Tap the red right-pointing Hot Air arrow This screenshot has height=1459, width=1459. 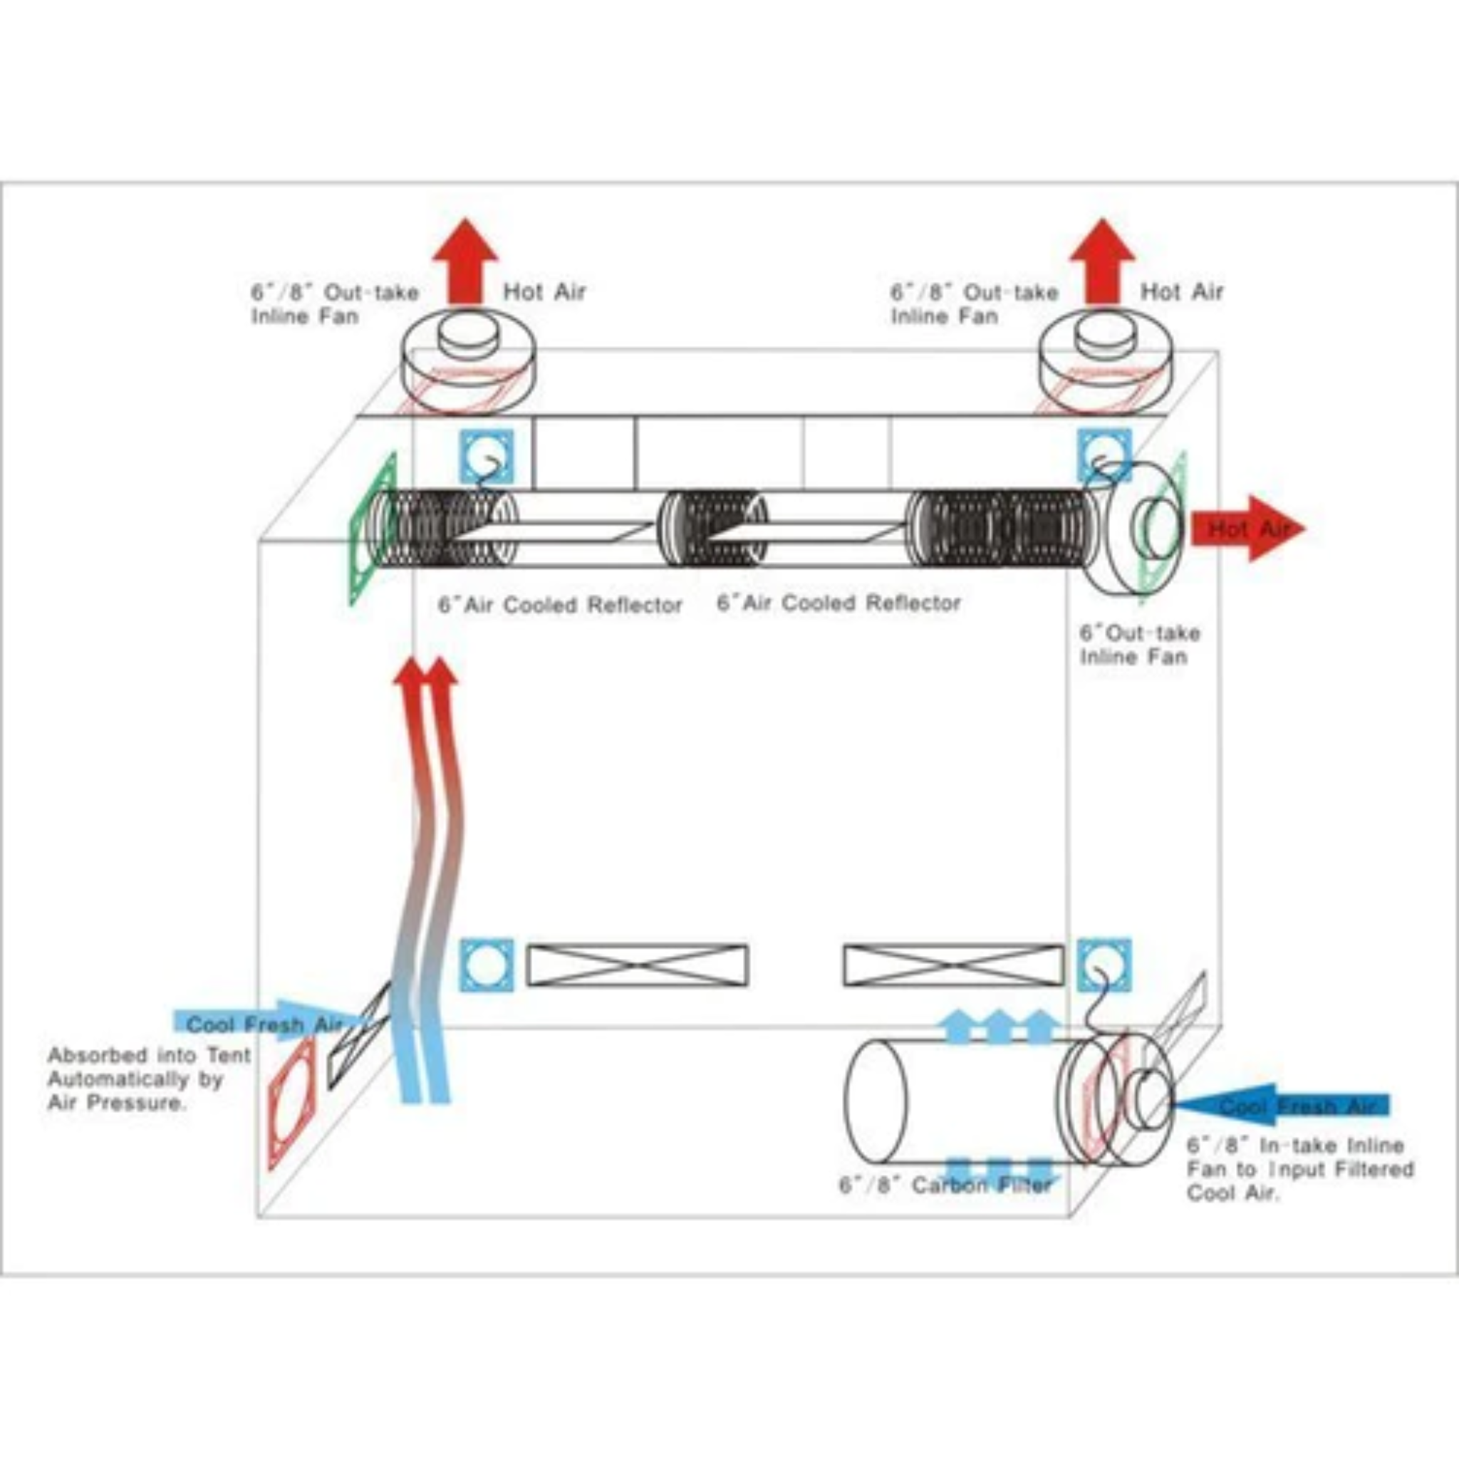pos(1247,529)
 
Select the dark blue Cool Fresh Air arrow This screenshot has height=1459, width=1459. pos(1284,1106)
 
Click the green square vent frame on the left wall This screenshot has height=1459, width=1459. pos(372,529)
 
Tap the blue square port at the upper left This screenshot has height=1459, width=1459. pos(487,457)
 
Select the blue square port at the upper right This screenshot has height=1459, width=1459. pos(1104,455)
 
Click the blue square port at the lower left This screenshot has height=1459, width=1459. pos(487,965)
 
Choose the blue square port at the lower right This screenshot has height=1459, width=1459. pos(1104,965)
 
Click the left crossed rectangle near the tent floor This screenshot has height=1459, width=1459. pos(638,965)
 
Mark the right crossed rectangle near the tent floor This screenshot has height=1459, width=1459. pos(953,965)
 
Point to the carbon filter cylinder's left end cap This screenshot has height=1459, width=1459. pos(876,1102)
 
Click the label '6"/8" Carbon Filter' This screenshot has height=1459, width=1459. pos(945,1185)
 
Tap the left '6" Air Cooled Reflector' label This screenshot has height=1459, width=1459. pos(561,605)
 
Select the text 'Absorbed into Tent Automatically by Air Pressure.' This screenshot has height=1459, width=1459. pos(149,1079)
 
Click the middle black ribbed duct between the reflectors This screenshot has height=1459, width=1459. pos(712,529)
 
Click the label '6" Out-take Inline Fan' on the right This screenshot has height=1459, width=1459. pos(1139,644)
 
